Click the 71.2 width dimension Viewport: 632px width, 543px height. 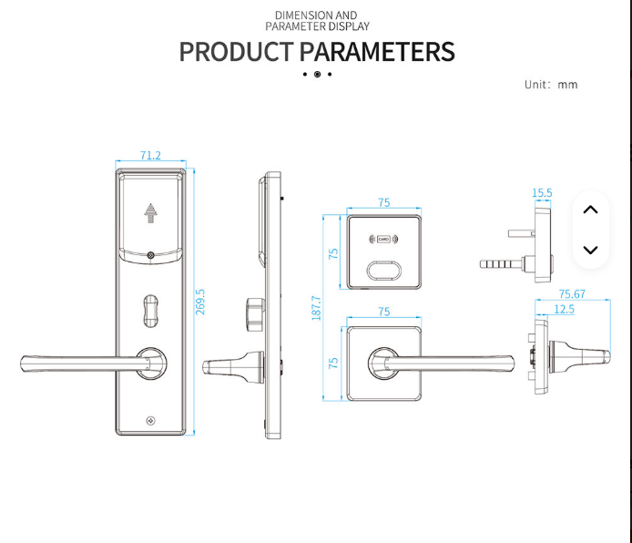150,156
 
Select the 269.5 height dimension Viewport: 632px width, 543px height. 200,302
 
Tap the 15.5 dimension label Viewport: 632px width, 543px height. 542,193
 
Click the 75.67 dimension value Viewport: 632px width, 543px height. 572,293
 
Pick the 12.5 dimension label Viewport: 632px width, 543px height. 564,310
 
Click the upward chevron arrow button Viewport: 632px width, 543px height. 590,210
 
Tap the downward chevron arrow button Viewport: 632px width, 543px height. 590,250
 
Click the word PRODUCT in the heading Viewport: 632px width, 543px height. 236,52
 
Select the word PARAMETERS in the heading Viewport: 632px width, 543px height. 377,52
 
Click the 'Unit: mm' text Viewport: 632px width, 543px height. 551,85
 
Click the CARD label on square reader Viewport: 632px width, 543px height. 383,241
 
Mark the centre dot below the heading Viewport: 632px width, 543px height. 317,74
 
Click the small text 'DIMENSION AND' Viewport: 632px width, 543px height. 316,15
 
